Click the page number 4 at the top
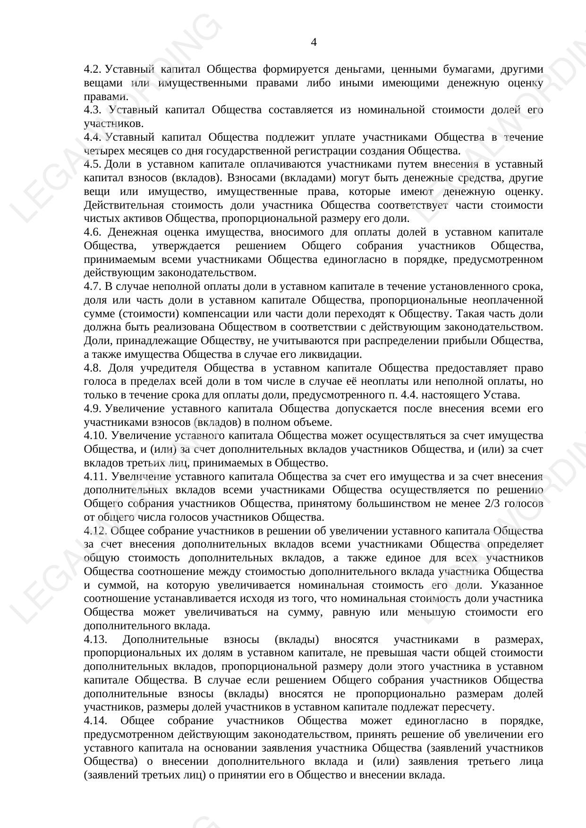[314, 42]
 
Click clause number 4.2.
[93, 69]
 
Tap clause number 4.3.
[93, 110]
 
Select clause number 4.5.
[93, 164]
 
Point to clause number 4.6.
[93, 232]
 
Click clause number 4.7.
[93, 287]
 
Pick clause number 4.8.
[93, 368]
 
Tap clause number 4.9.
[93, 408]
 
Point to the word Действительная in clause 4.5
[124, 205]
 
